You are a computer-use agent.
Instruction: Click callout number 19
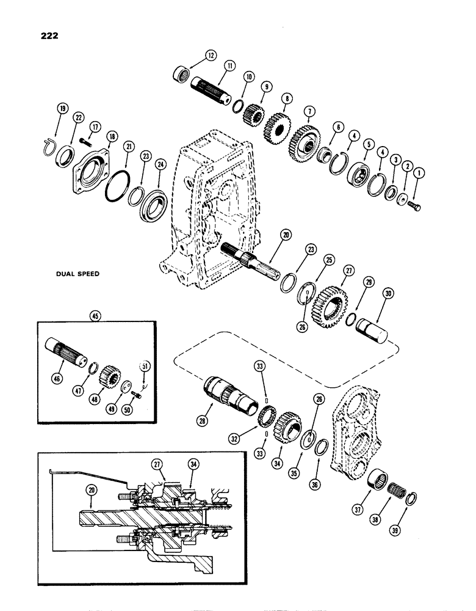point(62,110)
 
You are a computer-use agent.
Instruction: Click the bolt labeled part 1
point(414,205)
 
